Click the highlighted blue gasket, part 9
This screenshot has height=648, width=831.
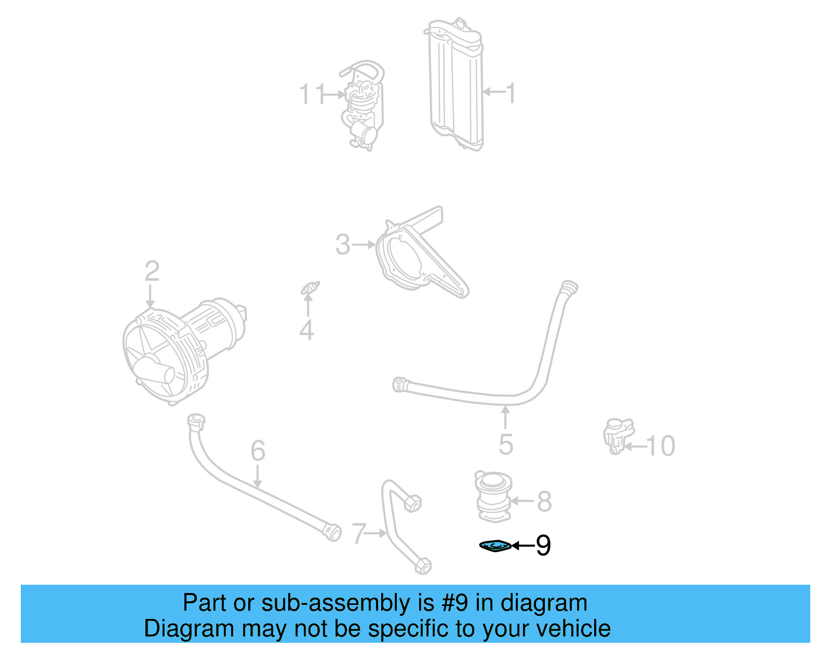click(x=495, y=546)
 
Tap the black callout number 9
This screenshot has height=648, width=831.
click(x=543, y=545)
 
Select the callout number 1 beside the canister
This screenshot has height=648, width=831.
click(x=511, y=93)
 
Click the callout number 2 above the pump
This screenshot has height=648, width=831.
click(x=152, y=271)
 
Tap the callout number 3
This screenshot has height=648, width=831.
click(x=343, y=244)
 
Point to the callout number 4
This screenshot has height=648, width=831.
click(x=306, y=330)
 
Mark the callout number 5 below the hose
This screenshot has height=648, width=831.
click(x=506, y=444)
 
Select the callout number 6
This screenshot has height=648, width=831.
click(x=258, y=450)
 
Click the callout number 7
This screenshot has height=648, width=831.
click(x=359, y=533)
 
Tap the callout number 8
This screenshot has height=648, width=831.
click(x=544, y=501)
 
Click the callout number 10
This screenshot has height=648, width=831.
click(x=661, y=446)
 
